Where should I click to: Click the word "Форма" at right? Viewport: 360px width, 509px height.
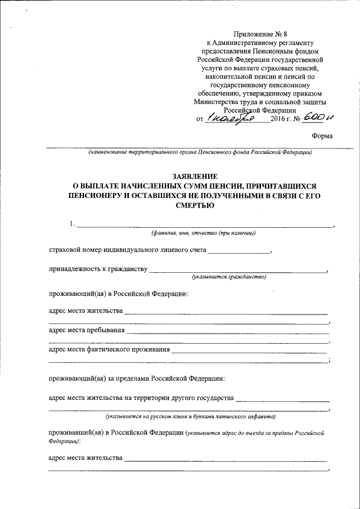(x=322, y=136)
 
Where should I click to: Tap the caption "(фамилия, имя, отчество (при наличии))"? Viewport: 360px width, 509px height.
(x=202, y=233)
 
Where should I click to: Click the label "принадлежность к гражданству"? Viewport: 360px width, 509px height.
(x=98, y=269)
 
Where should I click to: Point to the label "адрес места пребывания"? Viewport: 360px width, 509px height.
(x=87, y=330)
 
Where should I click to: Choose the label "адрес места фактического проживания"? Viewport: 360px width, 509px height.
(x=109, y=349)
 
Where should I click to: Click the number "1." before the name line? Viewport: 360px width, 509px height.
(x=72, y=224)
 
